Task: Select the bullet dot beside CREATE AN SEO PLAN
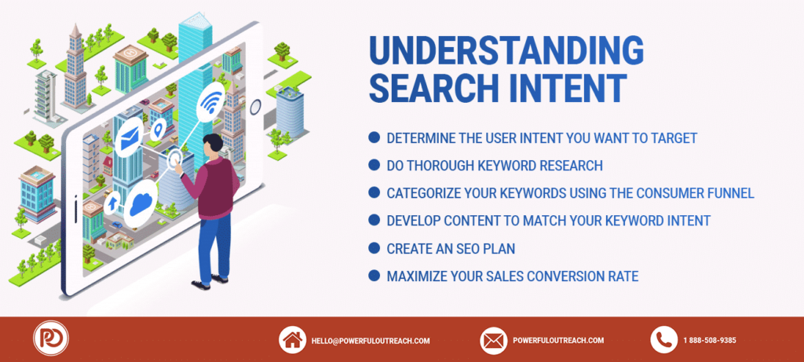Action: point(375,249)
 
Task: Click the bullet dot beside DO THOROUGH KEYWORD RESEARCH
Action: point(375,165)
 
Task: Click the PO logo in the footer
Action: point(51,338)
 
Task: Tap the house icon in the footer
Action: point(292,340)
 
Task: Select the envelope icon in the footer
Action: point(494,340)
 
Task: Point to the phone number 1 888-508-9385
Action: point(710,341)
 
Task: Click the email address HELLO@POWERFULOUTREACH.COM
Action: point(371,341)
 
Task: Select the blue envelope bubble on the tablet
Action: point(130,140)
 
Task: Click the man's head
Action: point(213,145)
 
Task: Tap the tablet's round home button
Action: point(255,107)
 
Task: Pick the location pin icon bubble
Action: point(159,128)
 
